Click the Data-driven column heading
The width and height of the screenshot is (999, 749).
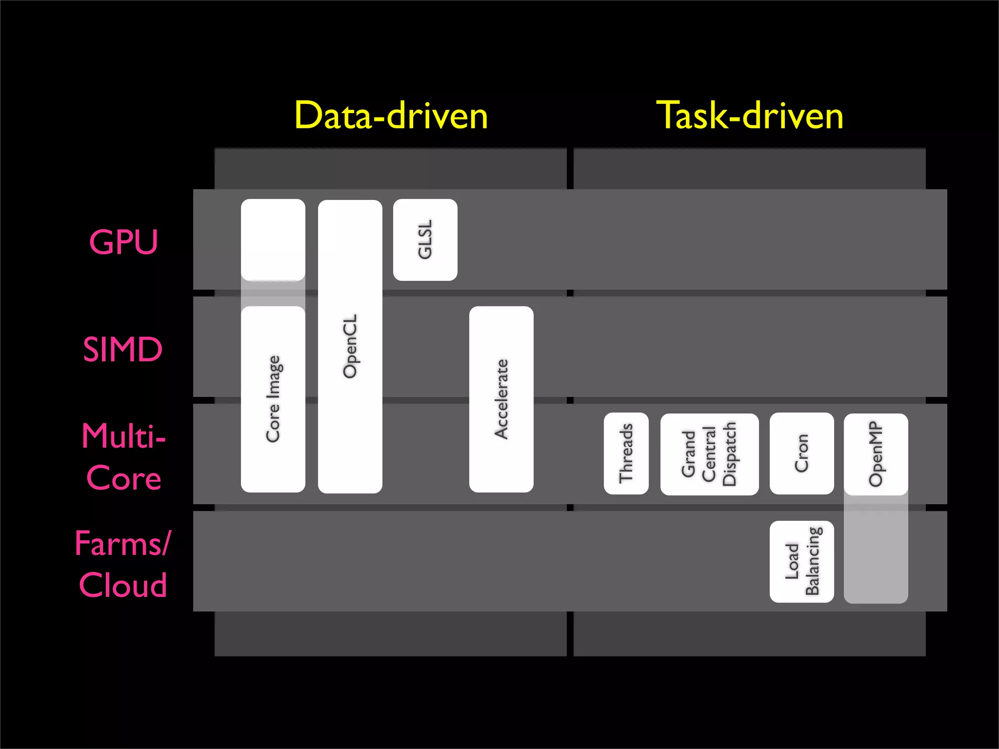pyautogui.click(x=391, y=116)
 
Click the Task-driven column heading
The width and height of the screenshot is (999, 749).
pyautogui.click(x=750, y=116)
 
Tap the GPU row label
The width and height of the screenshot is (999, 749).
pyautogui.click(x=123, y=242)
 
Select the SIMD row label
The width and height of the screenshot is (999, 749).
pyautogui.click(x=122, y=349)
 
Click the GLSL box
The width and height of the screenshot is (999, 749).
pyautogui.click(x=425, y=239)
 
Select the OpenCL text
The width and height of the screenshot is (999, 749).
pyautogui.click(x=350, y=346)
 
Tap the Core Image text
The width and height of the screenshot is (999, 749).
pyautogui.click(x=273, y=399)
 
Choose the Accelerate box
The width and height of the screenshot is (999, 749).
pyautogui.click(x=501, y=399)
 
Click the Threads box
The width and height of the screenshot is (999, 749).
pyautogui.click(x=626, y=453)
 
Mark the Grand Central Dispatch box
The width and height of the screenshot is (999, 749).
pyautogui.click(x=709, y=454)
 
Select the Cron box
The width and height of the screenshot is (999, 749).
pyautogui.click(x=801, y=453)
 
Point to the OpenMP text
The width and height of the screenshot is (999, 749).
pyautogui.click(x=876, y=454)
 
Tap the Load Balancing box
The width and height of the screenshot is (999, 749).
pyautogui.click(x=801, y=561)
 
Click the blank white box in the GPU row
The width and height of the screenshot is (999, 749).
pyautogui.click(x=273, y=239)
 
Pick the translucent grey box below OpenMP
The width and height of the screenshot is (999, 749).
pyautogui.click(x=876, y=551)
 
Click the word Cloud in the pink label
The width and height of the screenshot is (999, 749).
pyautogui.click(x=123, y=585)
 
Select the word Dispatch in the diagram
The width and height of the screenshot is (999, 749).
pyautogui.click(x=729, y=454)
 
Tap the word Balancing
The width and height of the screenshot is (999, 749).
pyautogui.click(x=813, y=561)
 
